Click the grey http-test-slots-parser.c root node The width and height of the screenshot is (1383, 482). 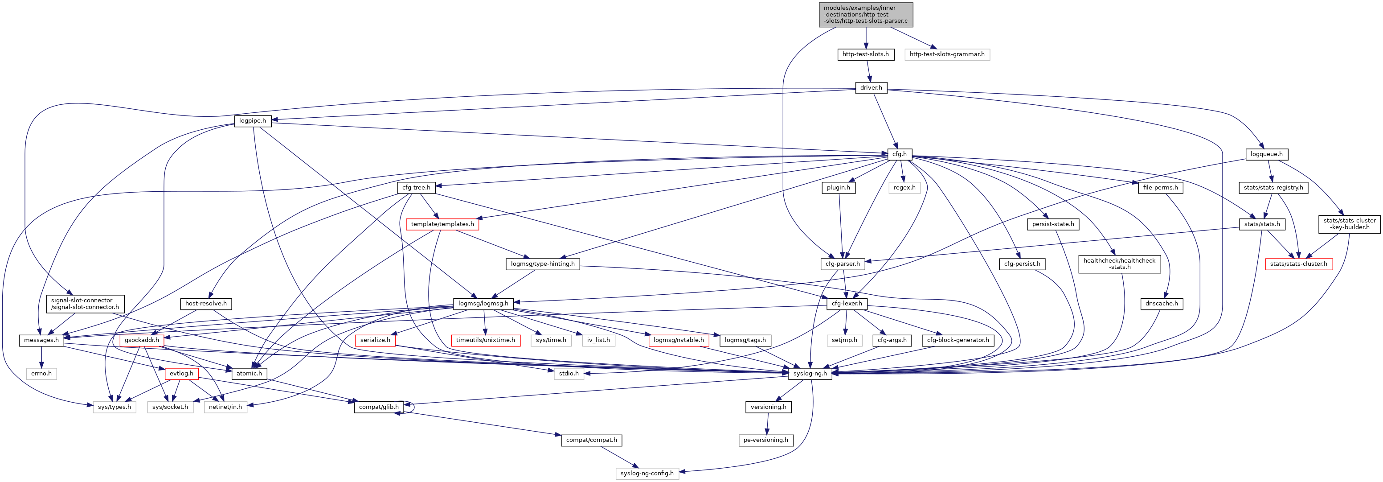click(x=865, y=15)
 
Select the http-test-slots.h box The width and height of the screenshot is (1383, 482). click(x=865, y=54)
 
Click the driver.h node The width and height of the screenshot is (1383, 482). click(x=871, y=87)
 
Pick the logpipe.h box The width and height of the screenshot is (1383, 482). click(x=252, y=121)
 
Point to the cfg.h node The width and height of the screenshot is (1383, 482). click(x=899, y=154)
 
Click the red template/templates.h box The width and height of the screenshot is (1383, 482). click(x=442, y=224)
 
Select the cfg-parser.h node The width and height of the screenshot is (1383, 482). click(x=843, y=264)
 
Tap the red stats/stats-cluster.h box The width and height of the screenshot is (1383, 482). click(x=1298, y=264)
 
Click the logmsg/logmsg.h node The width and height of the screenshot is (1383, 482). click(x=483, y=304)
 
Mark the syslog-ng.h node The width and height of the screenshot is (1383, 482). click(x=810, y=374)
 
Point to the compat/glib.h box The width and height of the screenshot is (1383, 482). click(x=379, y=407)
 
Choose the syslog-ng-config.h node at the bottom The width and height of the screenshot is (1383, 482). click(x=647, y=474)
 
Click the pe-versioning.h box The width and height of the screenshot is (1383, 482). click(x=765, y=440)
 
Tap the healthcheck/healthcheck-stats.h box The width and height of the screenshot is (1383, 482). click(x=1119, y=264)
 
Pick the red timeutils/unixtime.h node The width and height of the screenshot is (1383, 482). click(x=485, y=340)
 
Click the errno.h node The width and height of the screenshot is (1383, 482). click(x=41, y=374)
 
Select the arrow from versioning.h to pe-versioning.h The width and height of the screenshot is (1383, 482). click(x=768, y=424)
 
